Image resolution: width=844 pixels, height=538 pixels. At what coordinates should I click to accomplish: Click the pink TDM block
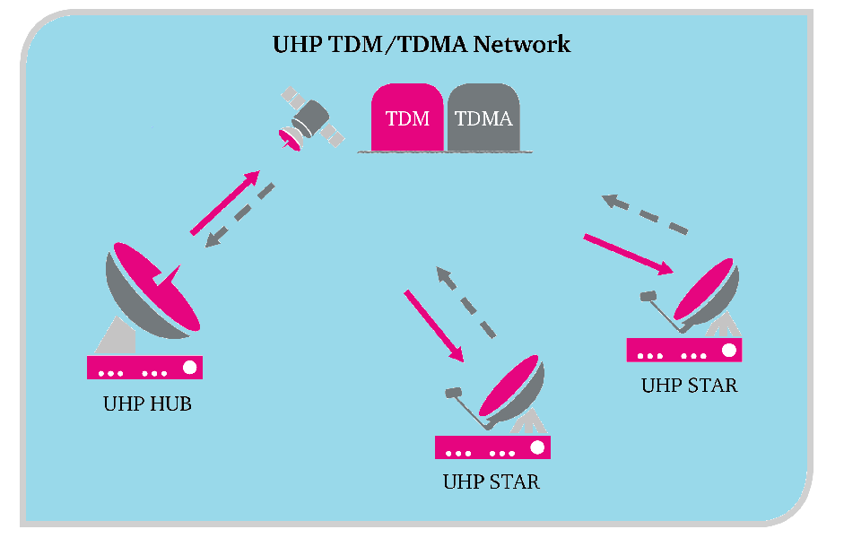click(x=407, y=117)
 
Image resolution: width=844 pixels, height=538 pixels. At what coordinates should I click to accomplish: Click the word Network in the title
click(x=524, y=44)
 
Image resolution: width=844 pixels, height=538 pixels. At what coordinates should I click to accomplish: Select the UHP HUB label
click(x=147, y=403)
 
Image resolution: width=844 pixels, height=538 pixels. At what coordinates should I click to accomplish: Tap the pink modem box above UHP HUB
click(x=144, y=368)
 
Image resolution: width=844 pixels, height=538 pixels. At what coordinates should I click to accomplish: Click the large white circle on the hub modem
click(x=189, y=368)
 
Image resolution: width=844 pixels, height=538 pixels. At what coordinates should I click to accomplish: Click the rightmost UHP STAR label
click(x=689, y=386)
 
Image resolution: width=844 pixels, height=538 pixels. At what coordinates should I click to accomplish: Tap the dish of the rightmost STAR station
click(x=709, y=292)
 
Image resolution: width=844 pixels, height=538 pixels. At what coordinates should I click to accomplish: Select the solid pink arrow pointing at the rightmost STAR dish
click(x=628, y=254)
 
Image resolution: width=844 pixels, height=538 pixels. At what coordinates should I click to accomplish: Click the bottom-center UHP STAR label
click(x=492, y=482)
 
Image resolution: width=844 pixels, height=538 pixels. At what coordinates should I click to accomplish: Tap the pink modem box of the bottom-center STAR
click(x=492, y=447)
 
